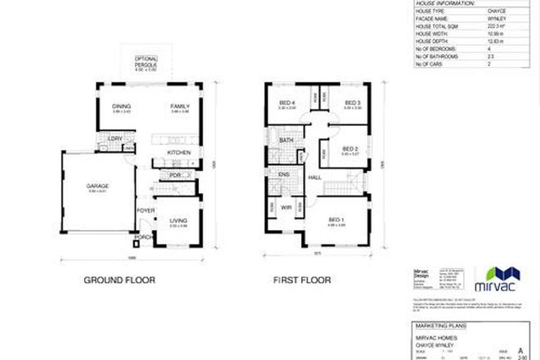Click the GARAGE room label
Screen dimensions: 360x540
98,187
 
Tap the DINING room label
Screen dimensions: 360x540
122,106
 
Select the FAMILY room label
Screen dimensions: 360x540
180,106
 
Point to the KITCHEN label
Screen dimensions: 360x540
179,153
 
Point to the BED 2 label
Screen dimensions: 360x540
350,149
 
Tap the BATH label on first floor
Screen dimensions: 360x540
286,140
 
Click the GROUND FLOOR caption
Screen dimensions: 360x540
119,281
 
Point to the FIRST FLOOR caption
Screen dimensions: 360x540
301,281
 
